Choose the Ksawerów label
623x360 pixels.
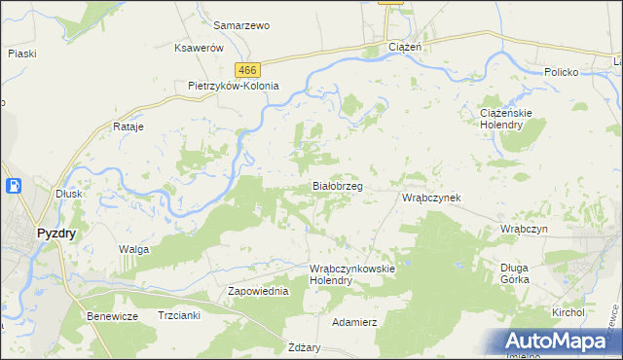click(200, 48)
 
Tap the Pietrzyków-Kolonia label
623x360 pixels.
click(234, 86)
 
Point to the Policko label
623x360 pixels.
click(562, 73)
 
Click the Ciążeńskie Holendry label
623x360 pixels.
click(506, 120)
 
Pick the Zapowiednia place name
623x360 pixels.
click(258, 291)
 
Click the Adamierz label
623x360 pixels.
click(354, 321)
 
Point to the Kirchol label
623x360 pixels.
click(568, 312)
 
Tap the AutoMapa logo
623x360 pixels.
click(559, 342)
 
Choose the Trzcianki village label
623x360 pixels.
click(178, 315)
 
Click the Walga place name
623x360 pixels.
click(133, 249)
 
